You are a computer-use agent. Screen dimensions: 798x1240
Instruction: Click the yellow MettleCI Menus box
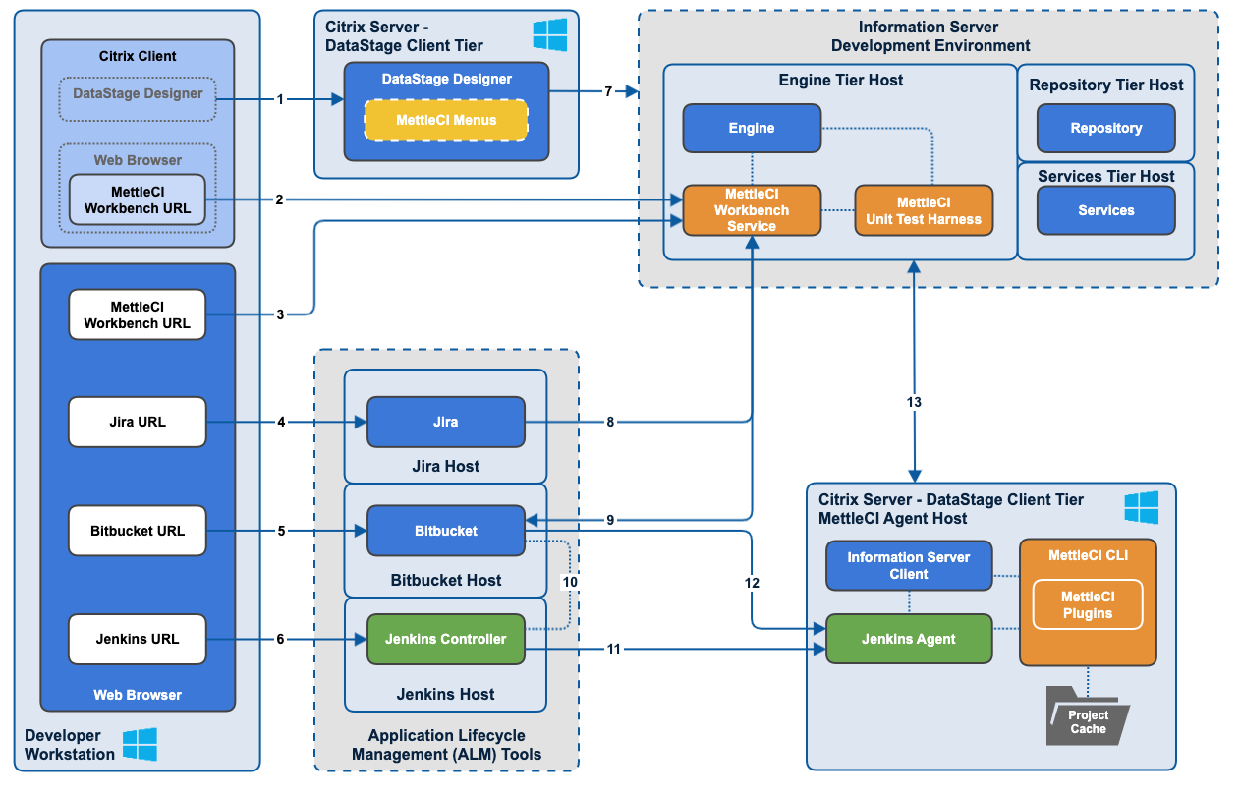[446, 120]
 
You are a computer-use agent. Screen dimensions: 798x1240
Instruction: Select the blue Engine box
[752, 128]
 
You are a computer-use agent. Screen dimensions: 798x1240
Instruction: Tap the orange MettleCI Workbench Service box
[752, 210]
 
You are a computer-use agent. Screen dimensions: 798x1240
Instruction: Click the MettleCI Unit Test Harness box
[924, 210]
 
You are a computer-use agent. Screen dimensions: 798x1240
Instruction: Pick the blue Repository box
[1105, 128]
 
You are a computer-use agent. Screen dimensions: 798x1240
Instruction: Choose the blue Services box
[1105, 210]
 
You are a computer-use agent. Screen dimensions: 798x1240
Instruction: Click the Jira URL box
[138, 422]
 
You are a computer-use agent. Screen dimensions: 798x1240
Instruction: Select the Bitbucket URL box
[138, 531]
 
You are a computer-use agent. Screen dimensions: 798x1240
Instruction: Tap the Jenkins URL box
[138, 639]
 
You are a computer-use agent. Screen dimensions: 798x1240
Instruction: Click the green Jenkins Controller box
[445, 639]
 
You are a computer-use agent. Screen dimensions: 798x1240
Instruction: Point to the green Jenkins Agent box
[909, 639]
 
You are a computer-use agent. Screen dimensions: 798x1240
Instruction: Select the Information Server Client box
[909, 565]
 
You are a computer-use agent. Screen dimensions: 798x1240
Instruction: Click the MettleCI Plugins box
[1087, 604]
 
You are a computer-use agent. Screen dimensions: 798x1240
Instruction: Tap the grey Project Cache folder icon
[1088, 716]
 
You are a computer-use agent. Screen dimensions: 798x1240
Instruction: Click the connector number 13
[914, 402]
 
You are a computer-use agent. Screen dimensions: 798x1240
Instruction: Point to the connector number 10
[570, 583]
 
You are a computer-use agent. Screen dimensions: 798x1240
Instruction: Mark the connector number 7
[608, 91]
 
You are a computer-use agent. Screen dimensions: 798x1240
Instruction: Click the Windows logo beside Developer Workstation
[140, 745]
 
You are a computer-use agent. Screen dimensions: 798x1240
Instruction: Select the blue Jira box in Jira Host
[445, 422]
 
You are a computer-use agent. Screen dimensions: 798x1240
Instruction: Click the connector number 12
[753, 583]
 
